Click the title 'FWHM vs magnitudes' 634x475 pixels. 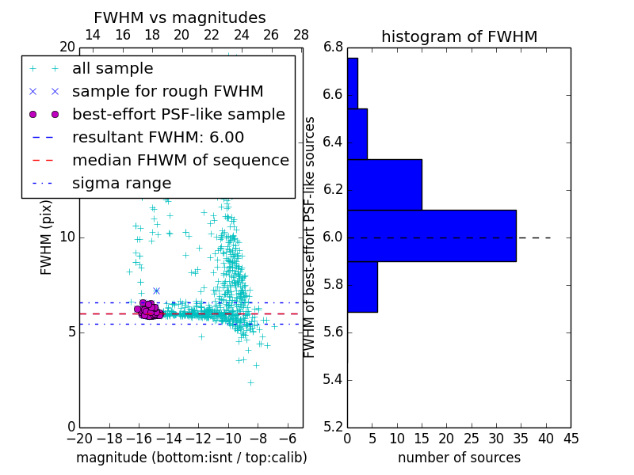[x=180, y=17]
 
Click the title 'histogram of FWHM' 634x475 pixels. [x=459, y=36]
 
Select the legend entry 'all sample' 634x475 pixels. [x=113, y=69]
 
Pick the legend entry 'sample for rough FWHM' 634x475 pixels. [x=167, y=91]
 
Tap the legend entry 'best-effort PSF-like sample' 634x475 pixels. [x=178, y=114]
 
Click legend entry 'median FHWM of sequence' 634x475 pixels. [x=180, y=160]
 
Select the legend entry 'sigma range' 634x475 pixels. [x=121, y=183]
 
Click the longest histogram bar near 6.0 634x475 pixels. [x=431, y=235]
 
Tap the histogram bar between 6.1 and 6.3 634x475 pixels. [x=384, y=184]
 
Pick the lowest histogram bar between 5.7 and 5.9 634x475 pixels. [x=362, y=287]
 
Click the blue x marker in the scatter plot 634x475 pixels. [x=156, y=291]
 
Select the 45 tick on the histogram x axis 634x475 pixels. [x=571, y=438]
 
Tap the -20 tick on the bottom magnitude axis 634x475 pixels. [x=79, y=438]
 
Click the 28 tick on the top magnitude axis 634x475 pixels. [x=301, y=35]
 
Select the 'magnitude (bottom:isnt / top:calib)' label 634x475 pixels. [x=191, y=458]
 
